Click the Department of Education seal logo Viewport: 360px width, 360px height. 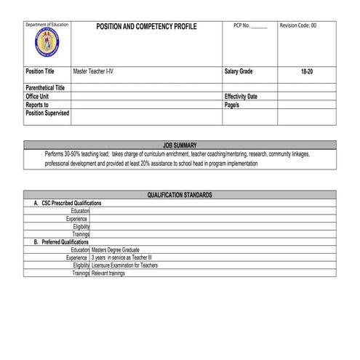[47, 46]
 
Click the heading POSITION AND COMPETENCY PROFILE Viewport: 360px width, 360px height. [146, 26]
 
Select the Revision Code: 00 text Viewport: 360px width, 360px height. [298, 25]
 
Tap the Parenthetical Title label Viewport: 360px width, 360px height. [45, 88]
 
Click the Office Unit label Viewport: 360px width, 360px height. [37, 96]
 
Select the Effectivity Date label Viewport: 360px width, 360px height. [241, 96]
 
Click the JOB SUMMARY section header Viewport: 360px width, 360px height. [180, 145]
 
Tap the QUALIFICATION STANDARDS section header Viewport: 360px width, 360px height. [180, 195]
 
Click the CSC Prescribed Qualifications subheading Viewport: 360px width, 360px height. [68, 203]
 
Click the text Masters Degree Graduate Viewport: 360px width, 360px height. [116, 249]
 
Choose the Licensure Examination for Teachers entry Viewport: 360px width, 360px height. [125, 265]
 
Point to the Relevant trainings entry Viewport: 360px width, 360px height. [108, 273]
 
